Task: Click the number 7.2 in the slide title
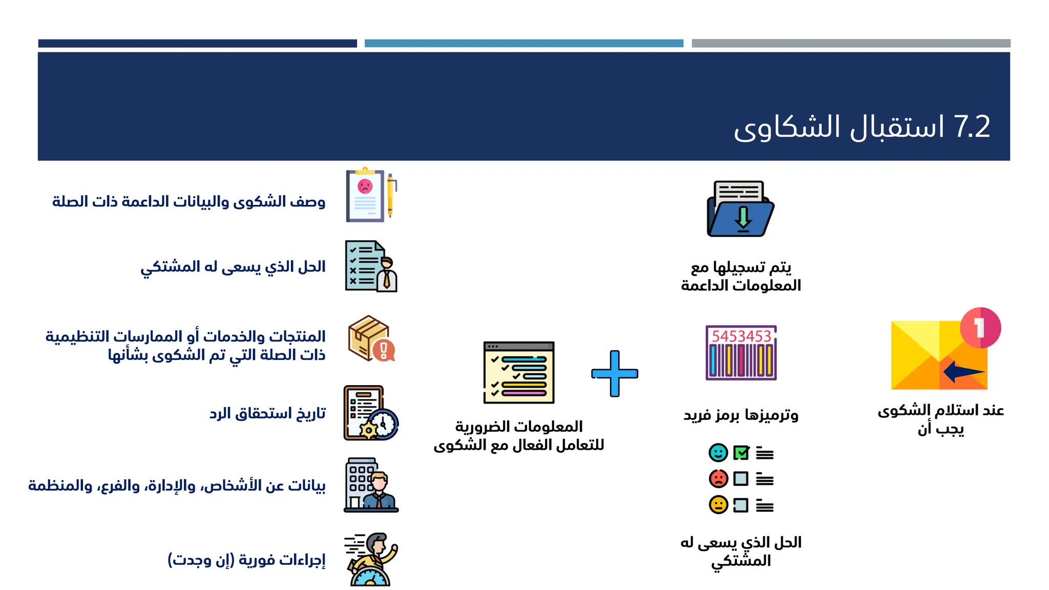click(x=972, y=127)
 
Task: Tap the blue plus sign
click(x=615, y=373)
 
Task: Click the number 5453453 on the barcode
click(x=741, y=336)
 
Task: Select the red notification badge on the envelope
click(x=980, y=328)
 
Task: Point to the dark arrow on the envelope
click(x=962, y=371)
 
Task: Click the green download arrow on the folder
click(x=743, y=217)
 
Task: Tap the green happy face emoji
click(x=718, y=453)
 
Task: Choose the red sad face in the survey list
click(x=718, y=478)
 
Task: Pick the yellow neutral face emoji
click(x=718, y=504)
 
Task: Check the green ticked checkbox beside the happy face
click(x=741, y=453)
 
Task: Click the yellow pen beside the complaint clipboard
click(x=390, y=195)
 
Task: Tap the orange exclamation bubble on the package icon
click(x=384, y=350)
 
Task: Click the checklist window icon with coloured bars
click(x=519, y=372)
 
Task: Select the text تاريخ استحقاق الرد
click(x=267, y=413)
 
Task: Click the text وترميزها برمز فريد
click(x=741, y=414)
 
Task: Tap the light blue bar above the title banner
click(x=523, y=44)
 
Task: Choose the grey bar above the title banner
click(x=851, y=44)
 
